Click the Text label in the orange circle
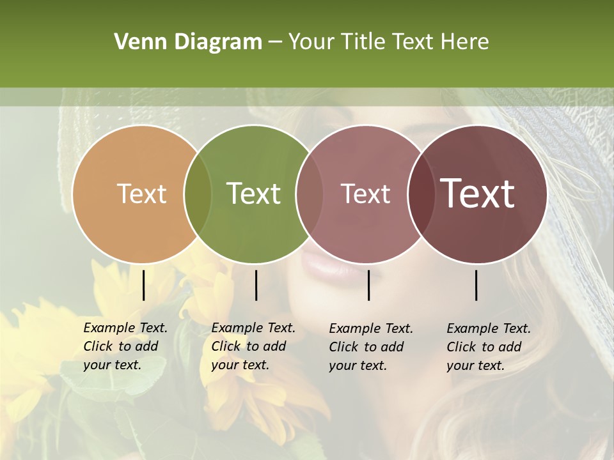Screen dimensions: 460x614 pos(141,194)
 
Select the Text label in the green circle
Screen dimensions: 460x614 pos(253,194)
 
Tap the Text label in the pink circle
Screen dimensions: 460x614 pos(365,194)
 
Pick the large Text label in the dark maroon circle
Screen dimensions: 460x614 pos(477,194)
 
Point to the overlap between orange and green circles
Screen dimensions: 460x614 pos(198,194)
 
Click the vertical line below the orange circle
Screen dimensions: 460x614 pos(143,285)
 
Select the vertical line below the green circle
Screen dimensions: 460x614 pos(256,285)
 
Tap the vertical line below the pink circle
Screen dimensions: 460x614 pos(368,285)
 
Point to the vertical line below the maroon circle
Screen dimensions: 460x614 pos(476,285)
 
